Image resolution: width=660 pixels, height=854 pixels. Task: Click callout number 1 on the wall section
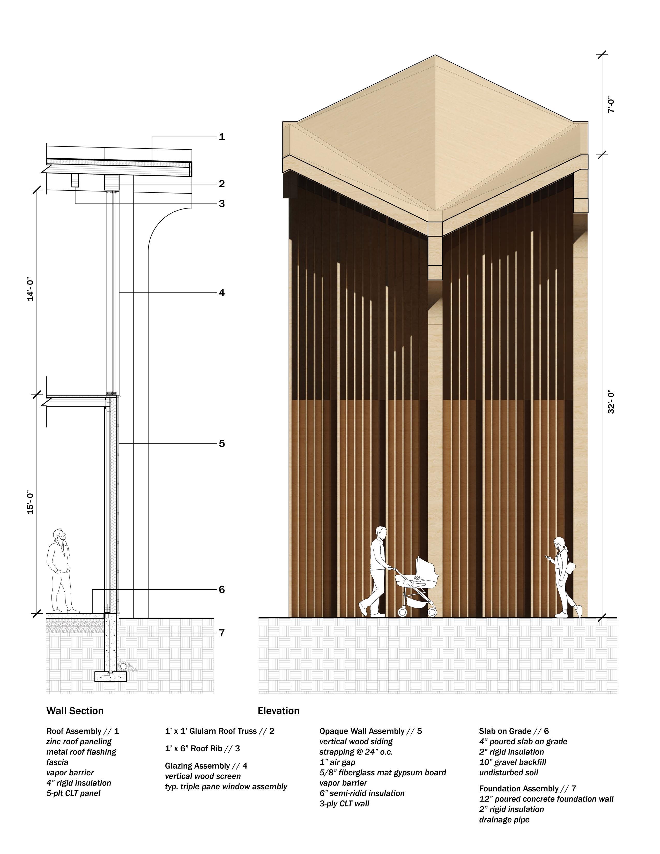(222, 137)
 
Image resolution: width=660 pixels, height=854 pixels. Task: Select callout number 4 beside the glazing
(222, 293)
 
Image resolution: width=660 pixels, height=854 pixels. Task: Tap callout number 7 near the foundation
(222, 633)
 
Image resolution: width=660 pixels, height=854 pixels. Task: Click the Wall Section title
(75, 710)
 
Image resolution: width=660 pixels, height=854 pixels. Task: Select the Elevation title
(278, 710)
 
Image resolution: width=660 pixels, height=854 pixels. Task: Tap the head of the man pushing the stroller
(381, 533)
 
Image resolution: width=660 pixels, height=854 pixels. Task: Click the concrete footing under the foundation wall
(111, 677)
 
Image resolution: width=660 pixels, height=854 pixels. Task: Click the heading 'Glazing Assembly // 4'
(206, 766)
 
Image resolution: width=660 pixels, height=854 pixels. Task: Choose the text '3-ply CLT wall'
(344, 804)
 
